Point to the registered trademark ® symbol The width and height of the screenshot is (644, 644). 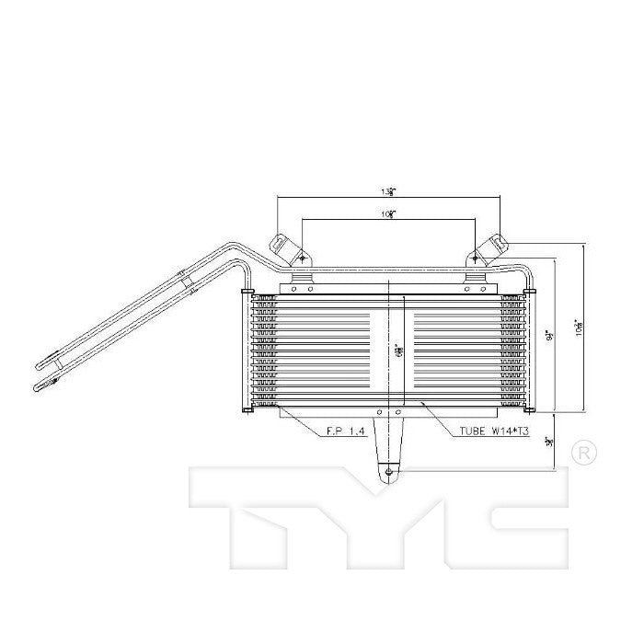pos(583,453)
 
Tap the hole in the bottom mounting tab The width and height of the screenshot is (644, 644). pos(390,474)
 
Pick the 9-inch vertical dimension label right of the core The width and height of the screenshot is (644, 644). pos(549,337)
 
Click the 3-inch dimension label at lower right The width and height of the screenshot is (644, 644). pos(550,443)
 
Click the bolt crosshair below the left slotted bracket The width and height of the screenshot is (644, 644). pos(303,259)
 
